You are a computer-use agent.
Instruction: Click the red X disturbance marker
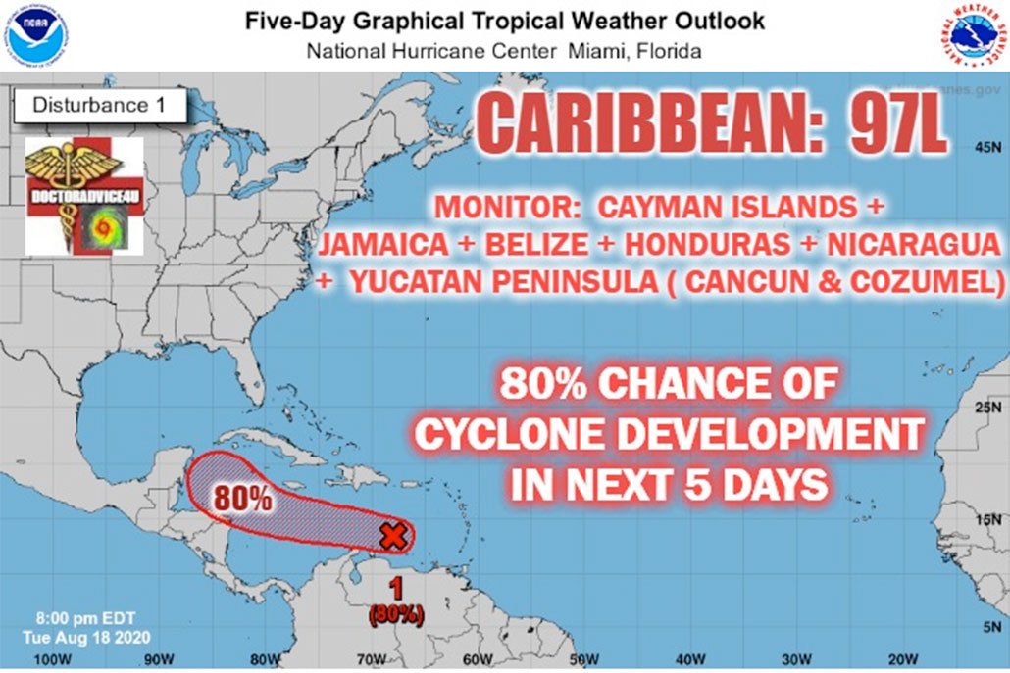[x=393, y=536]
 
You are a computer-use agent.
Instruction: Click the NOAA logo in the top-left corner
[x=34, y=34]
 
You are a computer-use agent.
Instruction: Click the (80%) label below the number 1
[x=396, y=615]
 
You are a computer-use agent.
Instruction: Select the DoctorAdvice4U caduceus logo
[x=84, y=196]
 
